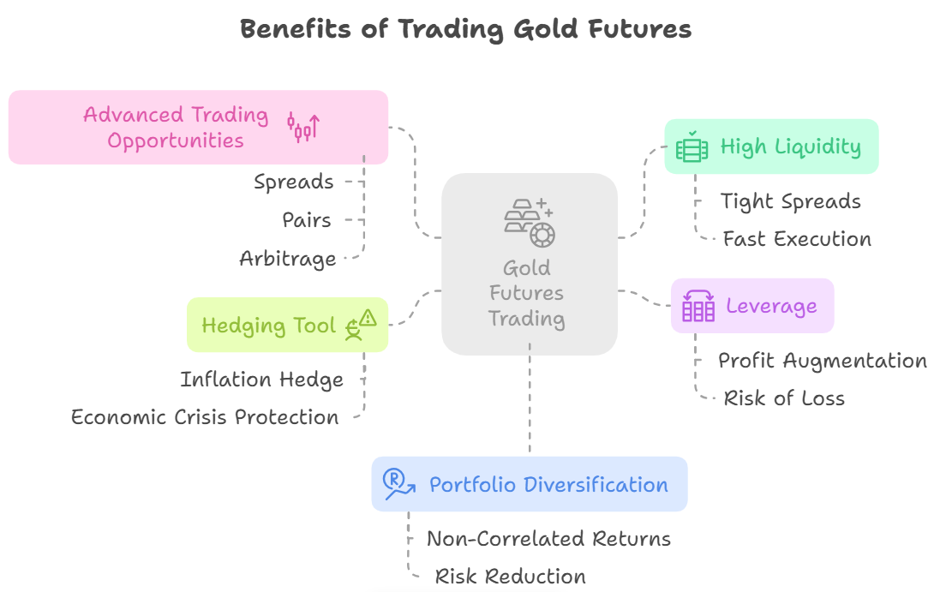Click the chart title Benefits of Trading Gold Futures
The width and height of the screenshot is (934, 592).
click(465, 29)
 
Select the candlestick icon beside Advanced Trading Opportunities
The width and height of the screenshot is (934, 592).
click(303, 127)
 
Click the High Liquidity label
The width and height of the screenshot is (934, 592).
click(790, 147)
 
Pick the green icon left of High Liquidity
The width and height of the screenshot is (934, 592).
click(691, 147)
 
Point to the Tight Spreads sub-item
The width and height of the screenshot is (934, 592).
click(790, 201)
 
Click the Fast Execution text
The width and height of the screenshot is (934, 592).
click(797, 239)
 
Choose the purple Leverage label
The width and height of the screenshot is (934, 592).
click(771, 306)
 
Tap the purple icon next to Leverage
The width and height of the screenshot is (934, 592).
click(698, 305)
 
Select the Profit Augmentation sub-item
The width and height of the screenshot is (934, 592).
click(822, 361)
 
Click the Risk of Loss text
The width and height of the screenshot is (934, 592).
click(784, 398)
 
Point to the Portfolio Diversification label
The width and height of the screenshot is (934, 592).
click(548, 484)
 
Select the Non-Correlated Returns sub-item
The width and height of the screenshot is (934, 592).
click(548, 539)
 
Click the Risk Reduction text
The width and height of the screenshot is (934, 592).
click(511, 577)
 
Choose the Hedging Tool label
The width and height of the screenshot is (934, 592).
click(268, 326)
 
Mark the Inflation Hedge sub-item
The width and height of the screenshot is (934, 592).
click(261, 380)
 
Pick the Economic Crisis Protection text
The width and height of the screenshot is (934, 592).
click(205, 417)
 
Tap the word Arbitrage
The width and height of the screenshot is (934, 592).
click(288, 259)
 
